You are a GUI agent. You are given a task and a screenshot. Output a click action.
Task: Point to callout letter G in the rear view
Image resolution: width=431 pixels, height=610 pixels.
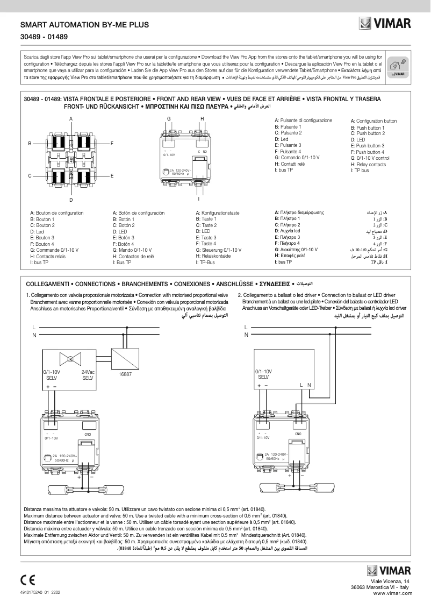168,118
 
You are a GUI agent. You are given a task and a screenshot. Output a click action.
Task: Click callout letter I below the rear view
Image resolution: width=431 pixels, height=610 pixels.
199,198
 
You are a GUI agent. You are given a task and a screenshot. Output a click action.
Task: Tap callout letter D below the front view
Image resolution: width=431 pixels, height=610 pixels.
71,200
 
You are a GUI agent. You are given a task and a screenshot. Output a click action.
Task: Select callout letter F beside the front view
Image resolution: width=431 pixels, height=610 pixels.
112,144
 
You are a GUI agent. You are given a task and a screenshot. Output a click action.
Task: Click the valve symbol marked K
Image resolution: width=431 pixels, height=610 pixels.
70,359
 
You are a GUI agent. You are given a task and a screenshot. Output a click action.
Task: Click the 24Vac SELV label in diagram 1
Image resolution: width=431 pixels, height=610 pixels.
88,375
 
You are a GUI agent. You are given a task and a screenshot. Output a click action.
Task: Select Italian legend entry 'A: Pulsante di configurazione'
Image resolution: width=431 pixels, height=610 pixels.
303,120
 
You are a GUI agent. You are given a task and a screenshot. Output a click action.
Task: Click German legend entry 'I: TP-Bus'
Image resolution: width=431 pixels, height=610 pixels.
206,262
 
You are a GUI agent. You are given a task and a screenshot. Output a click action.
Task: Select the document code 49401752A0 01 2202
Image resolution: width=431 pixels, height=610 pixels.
41,593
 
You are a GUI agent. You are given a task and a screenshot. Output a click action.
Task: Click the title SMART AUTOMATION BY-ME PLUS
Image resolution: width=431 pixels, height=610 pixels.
84,25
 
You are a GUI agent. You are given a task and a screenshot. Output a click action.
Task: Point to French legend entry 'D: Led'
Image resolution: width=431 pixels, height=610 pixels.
37,232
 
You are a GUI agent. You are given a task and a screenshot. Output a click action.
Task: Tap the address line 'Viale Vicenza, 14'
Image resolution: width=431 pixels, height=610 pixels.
390,581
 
